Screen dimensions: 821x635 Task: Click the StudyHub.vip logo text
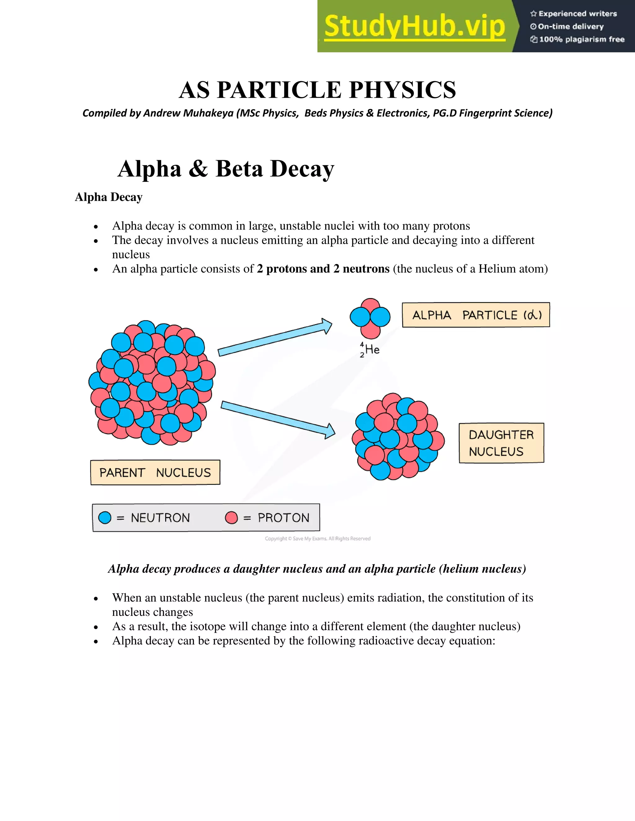414,26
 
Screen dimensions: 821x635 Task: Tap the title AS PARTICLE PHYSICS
317,90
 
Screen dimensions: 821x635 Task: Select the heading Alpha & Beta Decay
226,169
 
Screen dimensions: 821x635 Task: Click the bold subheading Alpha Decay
109,197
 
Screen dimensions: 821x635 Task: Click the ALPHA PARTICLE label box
476,315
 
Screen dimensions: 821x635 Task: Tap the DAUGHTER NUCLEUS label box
501,443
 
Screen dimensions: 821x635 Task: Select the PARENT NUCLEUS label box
155,472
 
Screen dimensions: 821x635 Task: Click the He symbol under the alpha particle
372,349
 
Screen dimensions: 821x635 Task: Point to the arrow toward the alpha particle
275,338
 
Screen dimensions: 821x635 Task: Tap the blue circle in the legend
104,518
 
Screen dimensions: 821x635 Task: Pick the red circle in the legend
231,518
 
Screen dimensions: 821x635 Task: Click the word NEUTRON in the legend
160,518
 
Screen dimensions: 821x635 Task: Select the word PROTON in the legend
283,518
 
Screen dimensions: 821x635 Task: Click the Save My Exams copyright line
317,539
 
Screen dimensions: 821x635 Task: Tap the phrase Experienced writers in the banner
577,14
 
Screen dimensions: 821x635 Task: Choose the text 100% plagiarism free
582,39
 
